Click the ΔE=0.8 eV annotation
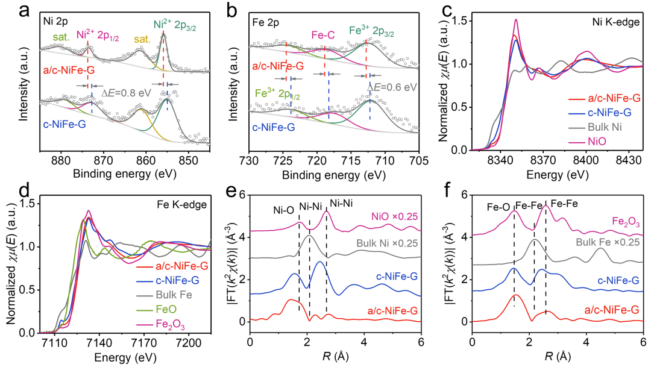(x=126, y=95)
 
